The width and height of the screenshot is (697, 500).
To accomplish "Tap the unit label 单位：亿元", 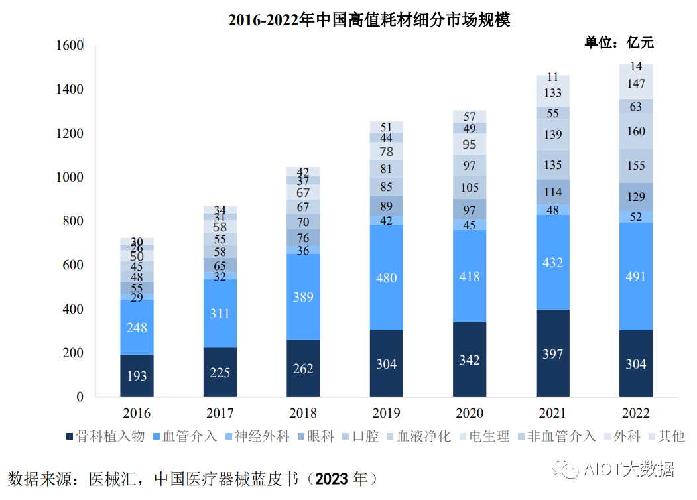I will point(619,42).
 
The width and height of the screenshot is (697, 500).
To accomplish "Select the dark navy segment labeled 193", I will point(137,376).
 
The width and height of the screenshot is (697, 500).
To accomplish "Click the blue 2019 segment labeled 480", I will point(386,278).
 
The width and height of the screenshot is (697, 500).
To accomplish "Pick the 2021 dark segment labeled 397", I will point(552,354).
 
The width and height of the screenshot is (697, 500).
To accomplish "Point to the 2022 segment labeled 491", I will point(635,277).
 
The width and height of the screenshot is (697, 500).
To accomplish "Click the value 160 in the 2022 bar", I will point(635,131).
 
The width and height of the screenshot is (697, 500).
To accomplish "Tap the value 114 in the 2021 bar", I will point(552,192).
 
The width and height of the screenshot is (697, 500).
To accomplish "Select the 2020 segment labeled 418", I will point(469,276).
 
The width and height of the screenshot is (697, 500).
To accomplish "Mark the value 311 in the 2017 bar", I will point(220,314).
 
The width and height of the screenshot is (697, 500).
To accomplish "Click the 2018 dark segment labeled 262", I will point(303,369).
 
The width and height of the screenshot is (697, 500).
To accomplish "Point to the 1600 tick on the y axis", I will point(70,46).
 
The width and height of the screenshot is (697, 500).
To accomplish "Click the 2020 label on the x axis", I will point(469,414).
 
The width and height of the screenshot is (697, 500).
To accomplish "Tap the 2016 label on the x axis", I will point(137,414).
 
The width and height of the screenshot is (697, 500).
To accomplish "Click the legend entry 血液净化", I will point(424,436).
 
